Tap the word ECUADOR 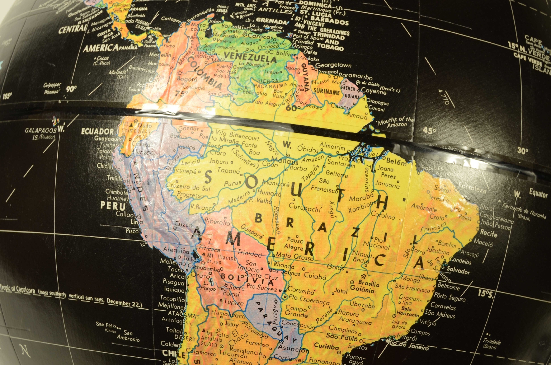(x=97, y=131)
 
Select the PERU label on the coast (x=113, y=206)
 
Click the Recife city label (x=489, y=233)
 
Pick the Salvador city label (x=458, y=270)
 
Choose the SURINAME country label (x=326, y=91)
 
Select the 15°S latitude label (x=485, y=293)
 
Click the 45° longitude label (x=429, y=131)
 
